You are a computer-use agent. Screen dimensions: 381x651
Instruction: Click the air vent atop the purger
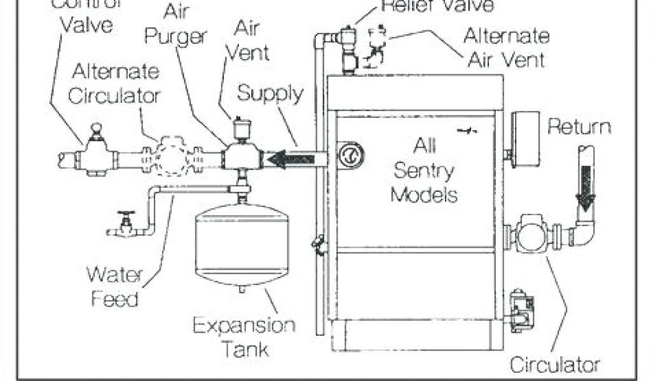pos(240,130)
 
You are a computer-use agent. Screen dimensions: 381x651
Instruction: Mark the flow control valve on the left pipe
pos(95,152)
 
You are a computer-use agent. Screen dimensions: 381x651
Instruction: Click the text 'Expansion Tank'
pos(244,337)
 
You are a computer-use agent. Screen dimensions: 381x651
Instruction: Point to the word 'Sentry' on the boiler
pos(423,170)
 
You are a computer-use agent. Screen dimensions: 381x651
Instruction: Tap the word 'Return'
pos(579,127)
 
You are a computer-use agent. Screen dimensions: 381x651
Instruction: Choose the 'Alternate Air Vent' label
pos(505,47)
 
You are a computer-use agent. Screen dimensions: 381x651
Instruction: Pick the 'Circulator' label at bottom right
pos(555,365)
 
